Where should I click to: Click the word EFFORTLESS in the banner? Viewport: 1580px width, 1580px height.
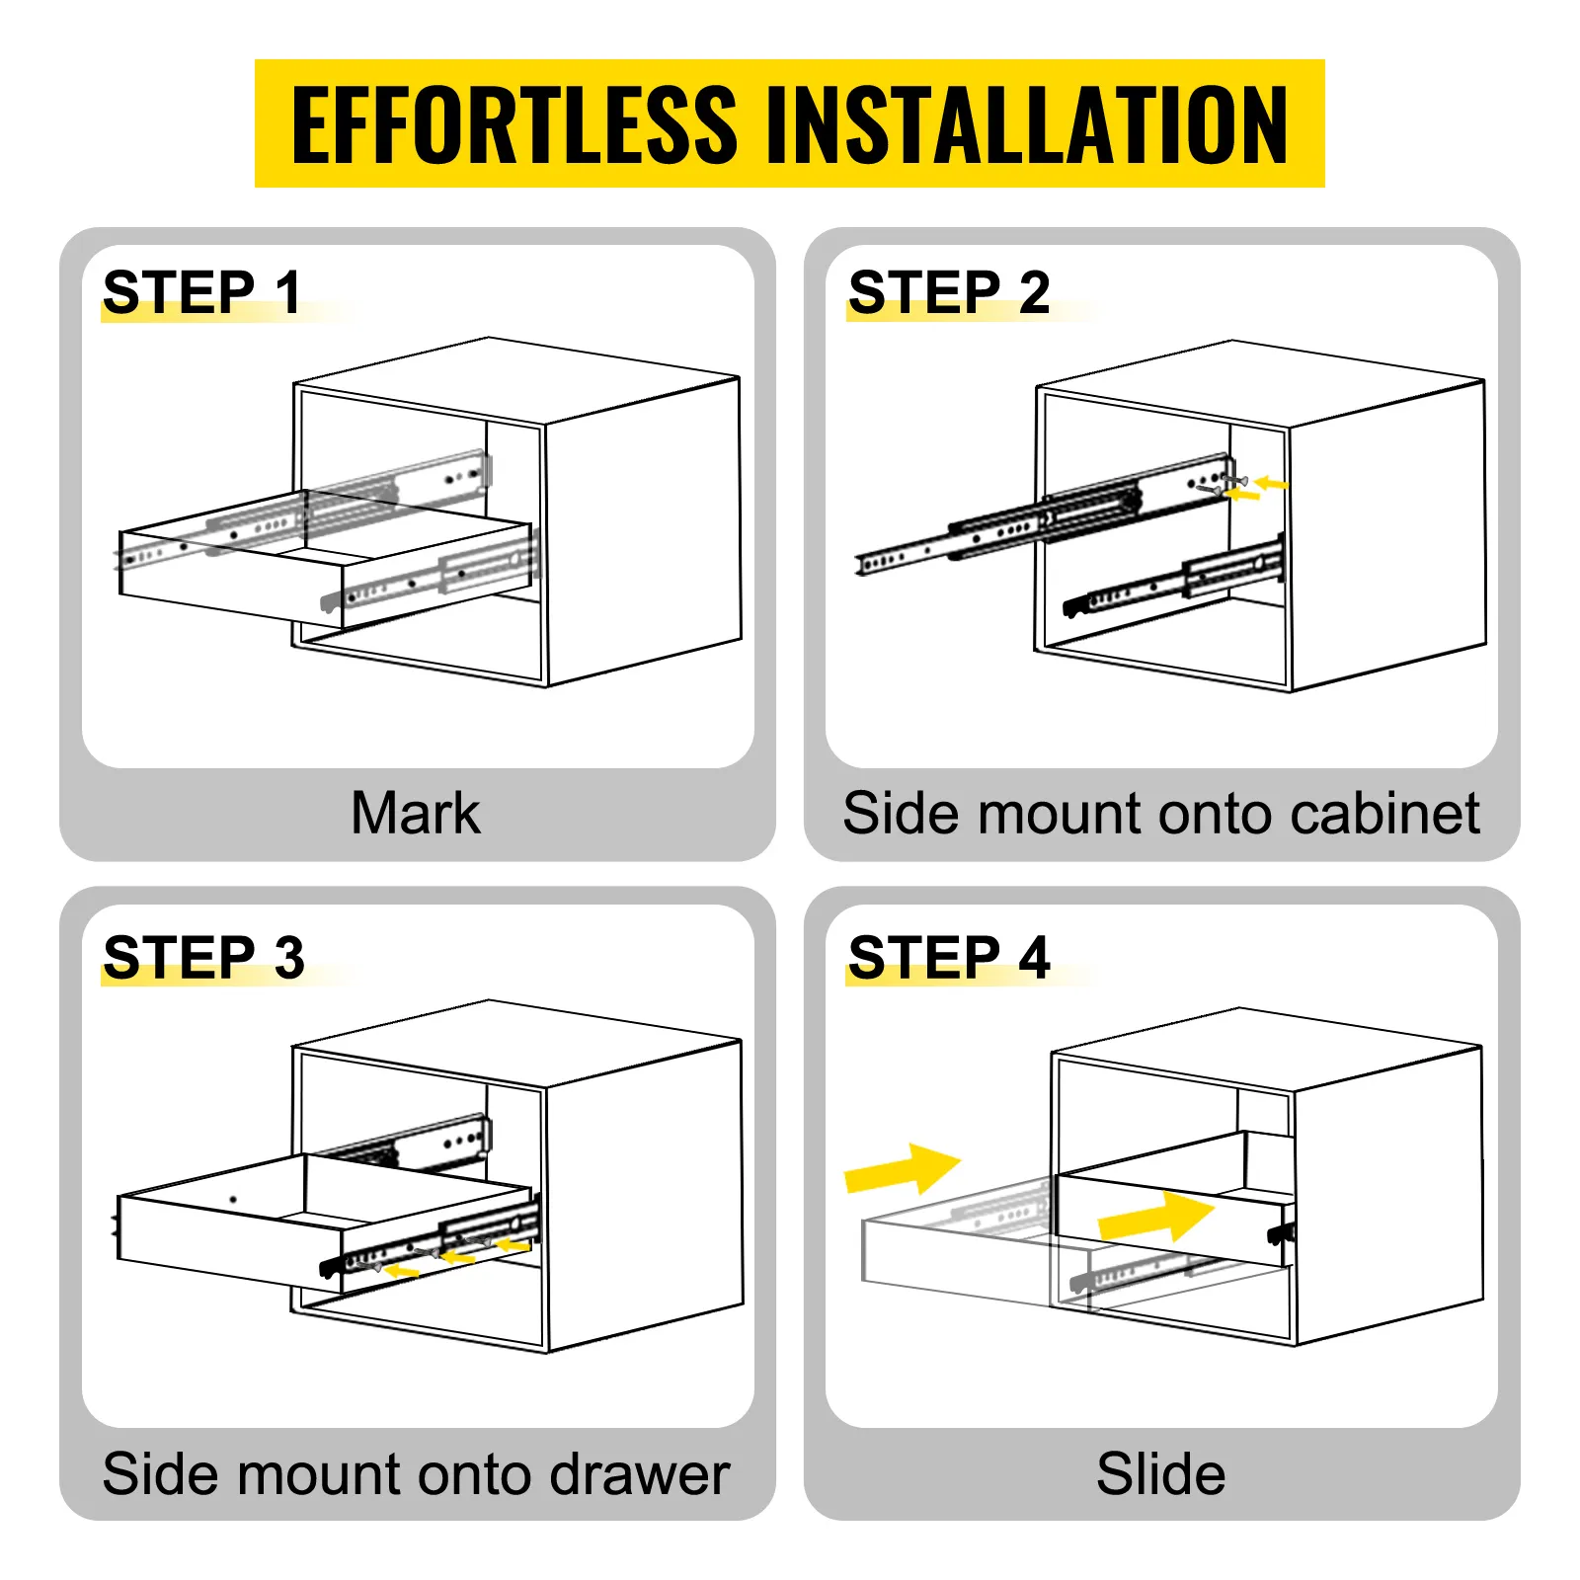(513, 125)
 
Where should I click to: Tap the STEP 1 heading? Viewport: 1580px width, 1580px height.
(201, 292)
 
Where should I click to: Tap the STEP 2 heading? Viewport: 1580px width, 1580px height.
(948, 292)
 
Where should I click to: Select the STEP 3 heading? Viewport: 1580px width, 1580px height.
(203, 957)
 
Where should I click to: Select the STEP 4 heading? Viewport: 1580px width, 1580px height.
(948, 957)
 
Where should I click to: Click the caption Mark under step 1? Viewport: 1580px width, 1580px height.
(416, 814)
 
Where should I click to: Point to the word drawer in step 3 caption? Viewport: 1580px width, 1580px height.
(639, 1474)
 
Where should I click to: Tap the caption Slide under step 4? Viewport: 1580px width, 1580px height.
(1160, 1474)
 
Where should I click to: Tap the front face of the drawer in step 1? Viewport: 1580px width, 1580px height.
(229, 581)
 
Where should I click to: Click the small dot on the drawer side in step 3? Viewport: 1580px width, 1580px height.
(233, 1200)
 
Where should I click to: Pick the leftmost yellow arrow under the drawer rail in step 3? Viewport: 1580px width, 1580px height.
(401, 1271)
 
